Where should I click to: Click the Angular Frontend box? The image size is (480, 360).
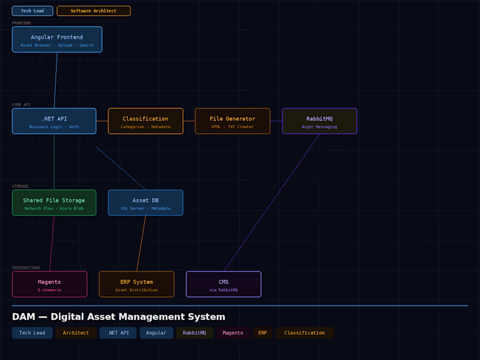coord(57,40)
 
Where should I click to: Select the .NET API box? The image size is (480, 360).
coord(54,121)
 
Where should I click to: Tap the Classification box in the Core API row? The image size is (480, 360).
coord(145,121)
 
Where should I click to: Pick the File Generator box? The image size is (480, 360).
coord(232,121)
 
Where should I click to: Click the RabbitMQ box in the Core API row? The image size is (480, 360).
coord(319,121)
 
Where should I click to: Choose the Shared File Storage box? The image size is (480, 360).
coord(54,203)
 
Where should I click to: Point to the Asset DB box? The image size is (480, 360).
coord(145,203)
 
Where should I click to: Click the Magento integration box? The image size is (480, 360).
coord(49,284)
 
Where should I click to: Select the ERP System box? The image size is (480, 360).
coord(136,284)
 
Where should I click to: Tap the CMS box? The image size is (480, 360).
coord(223,284)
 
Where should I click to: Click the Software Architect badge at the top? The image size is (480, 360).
coord(94,11)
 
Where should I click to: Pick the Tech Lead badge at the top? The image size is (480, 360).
coord(32,11)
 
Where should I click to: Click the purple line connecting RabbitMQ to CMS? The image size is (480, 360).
coord(271,203)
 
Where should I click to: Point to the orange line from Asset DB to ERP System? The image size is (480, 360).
coord(142,243)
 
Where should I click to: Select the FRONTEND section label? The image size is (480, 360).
coord(22,23)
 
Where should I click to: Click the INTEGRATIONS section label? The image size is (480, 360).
coord(26,268)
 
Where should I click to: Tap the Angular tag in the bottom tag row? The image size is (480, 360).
coord(156,333)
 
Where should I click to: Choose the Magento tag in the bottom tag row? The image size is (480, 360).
coord(233,333)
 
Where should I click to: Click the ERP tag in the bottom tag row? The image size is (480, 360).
coord(263,333)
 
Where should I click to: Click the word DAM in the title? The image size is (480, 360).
coord(24,317)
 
